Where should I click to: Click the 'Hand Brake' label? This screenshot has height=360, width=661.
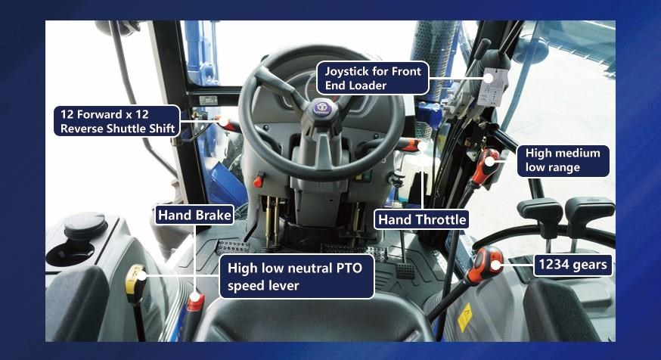pyautogui.click(x=194, y=215)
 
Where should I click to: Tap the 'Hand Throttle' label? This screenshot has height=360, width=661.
pyautogui.click(x=421, y=219)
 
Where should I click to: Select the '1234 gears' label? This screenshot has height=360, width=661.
pyautogui.click(x=573, y=265)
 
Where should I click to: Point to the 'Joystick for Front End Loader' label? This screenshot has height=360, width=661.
pyautogui.click(x=373, y=78)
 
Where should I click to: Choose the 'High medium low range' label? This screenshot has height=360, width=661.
pyautogui.click(x=563, y=160)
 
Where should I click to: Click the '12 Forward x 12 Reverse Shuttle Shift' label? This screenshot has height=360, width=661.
pyautogui.click(x=116, y=121)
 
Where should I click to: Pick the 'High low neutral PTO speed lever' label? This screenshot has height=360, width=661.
pyautogui.click(x=296, y=277)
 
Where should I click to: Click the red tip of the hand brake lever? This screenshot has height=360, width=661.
pyautogui.click(x=195, y=302)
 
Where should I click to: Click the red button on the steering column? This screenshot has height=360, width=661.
pyautogui.click(x=258, y=181)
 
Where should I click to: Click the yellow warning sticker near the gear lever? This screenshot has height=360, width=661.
pyautogui.click(x=464, y=318)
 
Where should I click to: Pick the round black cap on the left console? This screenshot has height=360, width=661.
pyautogui.click(x=85, y=225)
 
